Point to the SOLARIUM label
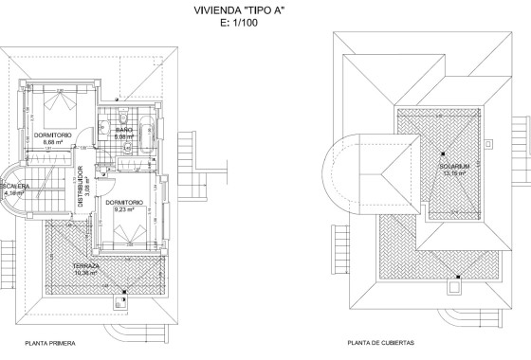pos(452,168)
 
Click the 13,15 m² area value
pos(452,175)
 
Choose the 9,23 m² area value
pos(125,209)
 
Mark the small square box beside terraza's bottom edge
pos(119,304)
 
